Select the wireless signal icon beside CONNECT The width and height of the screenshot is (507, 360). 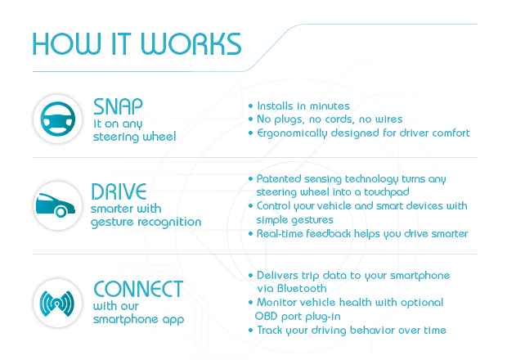(56, 302)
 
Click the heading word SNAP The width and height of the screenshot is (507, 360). (118, 106)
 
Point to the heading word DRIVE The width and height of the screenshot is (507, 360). (119, 193)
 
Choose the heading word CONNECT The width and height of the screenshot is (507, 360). (137, 289)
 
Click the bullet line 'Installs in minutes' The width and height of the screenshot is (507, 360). (303, 106)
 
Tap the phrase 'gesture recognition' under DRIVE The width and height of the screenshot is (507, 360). (146, 223)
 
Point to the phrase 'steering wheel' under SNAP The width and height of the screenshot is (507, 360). (135, 136)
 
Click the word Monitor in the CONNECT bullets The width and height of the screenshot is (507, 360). (279, 303)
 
